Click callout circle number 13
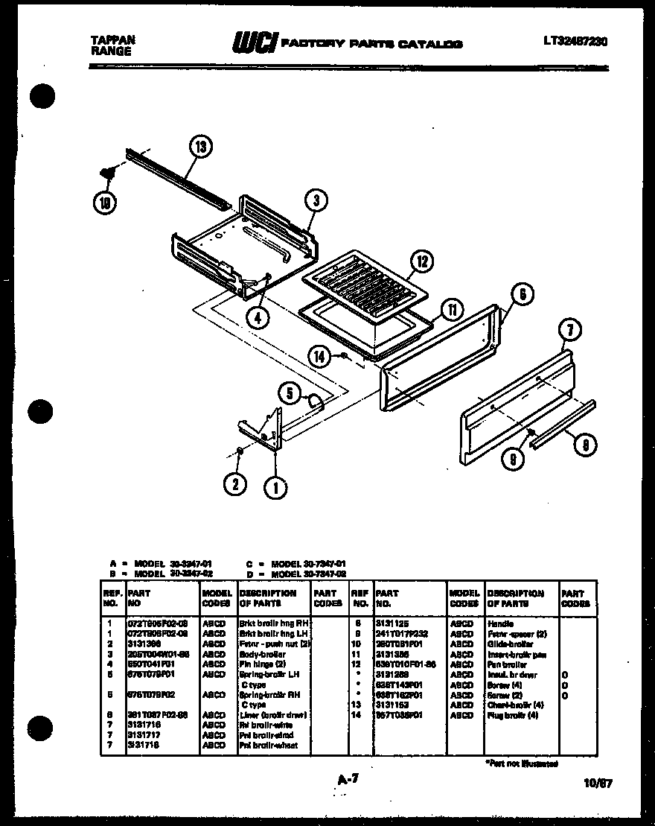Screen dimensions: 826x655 (x=200, y=147)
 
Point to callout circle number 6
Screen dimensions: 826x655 (x=523, y=294)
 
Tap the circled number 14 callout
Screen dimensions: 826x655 (x=319, y=357)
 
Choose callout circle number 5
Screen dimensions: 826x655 (x=290, y=393)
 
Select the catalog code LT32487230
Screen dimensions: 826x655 (x=575, y=42)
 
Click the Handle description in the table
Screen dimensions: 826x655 (x=501, y=623)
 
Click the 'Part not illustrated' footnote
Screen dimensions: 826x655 (x=521, y=763)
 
